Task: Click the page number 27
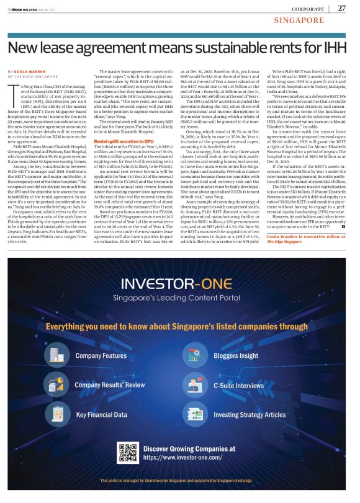pos(342,8)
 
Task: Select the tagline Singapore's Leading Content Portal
pos(180,298)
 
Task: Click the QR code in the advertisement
pos(127,452)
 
